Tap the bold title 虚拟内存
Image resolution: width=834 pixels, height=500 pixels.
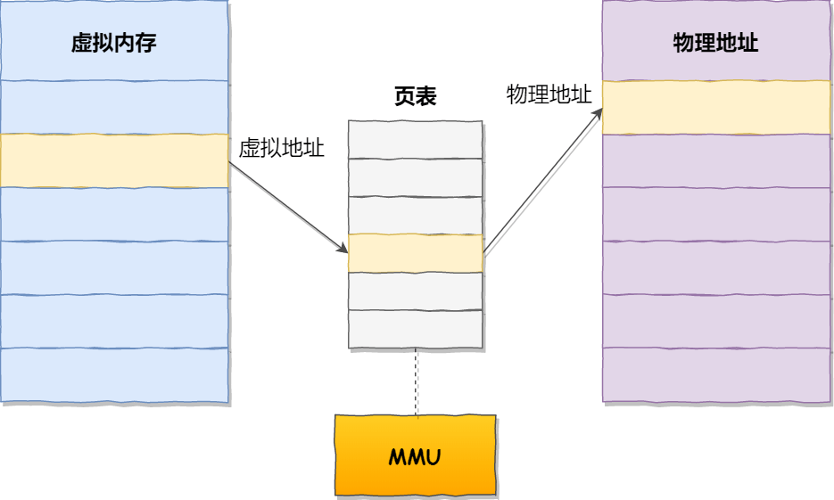point(114,43)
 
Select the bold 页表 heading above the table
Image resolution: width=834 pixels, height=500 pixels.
point(415,96)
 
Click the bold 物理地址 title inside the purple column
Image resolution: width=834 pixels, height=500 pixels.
point(715,43)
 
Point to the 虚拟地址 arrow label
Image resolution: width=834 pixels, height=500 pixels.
point(281,149)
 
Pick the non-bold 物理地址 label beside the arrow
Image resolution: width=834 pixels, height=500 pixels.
point(549,95)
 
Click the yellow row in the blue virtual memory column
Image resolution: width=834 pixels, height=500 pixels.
point(114,160)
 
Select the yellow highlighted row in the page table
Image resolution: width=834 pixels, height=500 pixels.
point(416,253)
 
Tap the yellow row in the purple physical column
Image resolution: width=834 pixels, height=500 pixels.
point(716,107)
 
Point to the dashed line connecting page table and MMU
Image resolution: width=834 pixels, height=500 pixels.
point(416,381)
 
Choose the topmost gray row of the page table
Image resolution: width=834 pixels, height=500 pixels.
point(416,139)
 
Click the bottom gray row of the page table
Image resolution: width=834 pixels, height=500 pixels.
point(416,329)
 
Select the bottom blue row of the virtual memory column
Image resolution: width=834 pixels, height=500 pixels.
point(114,375)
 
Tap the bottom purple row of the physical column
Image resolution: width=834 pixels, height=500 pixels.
point(716,375)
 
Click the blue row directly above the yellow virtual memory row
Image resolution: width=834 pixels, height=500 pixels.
point(114,107)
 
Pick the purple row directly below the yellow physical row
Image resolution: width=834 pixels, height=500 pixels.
point(716,160)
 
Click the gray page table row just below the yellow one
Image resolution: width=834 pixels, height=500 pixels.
point(416,291)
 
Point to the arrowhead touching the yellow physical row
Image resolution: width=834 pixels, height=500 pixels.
point(597,115)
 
